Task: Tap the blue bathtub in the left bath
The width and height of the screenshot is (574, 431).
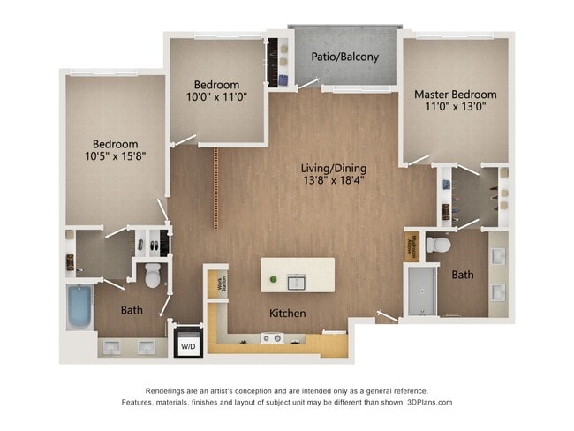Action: tap(80, 306)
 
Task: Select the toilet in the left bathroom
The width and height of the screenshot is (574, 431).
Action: tap(153, 276)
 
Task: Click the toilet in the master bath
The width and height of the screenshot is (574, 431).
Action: tap(438, 244)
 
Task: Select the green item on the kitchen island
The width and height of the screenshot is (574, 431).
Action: tap(274, 281)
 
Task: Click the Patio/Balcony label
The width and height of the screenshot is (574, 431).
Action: tap(345, 57)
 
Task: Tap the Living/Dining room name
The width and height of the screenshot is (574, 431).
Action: tap(334, 169)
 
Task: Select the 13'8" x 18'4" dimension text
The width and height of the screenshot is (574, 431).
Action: tap(334, 182)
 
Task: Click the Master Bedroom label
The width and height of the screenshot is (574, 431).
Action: tap(455, 95)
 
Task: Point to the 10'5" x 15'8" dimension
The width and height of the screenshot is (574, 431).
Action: tap(116, 157)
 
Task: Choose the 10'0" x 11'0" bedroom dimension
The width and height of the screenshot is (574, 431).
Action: tap(216, 98)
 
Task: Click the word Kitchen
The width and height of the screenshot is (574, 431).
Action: tap(287, 314)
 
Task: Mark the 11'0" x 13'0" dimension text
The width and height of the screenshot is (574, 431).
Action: tap(455, 107)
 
